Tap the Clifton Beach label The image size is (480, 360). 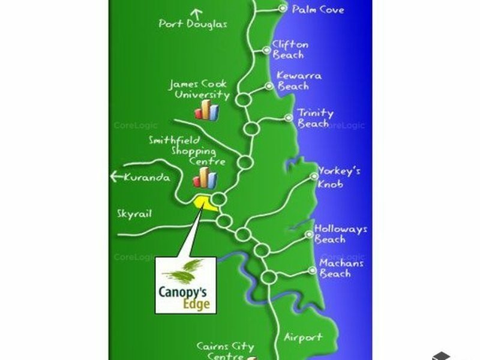[290, 50]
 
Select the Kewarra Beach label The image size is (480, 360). [299, 81]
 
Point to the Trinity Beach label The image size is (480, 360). [316, 118]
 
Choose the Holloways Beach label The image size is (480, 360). [341, 234]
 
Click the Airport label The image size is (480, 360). [304, 337]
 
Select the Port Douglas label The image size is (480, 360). [193, 24]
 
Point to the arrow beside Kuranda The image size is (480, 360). [116, 176]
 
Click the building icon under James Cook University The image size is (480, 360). [206, 110]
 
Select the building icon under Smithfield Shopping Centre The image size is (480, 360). [205, 178]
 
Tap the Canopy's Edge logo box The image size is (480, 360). [185, 285]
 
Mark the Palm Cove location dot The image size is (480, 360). [283, 8]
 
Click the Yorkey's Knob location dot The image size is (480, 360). [314, 176]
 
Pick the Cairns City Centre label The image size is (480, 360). [226, 351]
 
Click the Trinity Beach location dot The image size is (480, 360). [289, 118]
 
